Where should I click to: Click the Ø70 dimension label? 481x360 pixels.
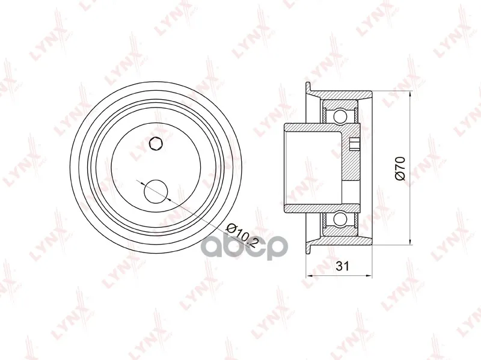tap(401, 168)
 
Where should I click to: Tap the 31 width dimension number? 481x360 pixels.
tap(342, 266)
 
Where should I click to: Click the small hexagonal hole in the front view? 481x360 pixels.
tap(156, 144)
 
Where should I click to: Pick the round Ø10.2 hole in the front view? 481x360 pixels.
tap(156, 191)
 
